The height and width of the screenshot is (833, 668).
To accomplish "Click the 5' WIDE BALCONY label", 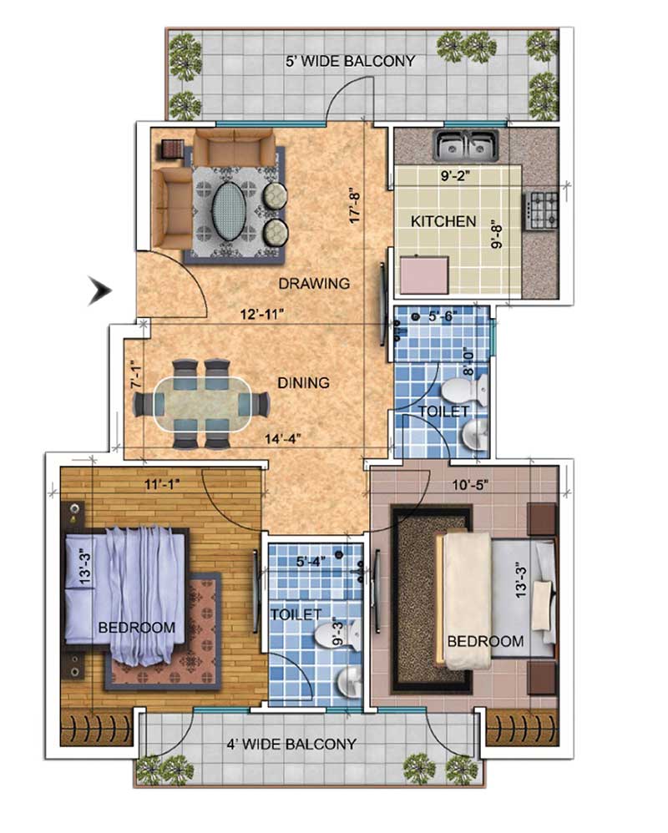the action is pyautogui.click(x=350, y=61).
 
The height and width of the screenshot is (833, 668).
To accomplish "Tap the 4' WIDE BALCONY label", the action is pyautogui.click(x=291, y=744).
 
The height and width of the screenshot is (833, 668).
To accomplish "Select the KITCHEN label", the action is pyautogui.click(x=443, y=221).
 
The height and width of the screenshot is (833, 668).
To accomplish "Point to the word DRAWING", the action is pyautogui.click(x=314, y=283).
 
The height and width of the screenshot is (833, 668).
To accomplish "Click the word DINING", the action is pyautogui.click(x=303, y=382).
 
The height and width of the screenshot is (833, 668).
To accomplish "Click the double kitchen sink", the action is pyautogui.click(x=467, y=145).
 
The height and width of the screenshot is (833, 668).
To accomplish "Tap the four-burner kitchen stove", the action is pyautogui.click(x=543, y=210).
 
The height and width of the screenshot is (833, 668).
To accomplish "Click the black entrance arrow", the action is pyautogui.click(x=100, y=291).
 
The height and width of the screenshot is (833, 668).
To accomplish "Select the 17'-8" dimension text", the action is pyautogui.click(x=355, y=205).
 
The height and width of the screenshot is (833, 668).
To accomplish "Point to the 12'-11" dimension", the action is pyautogui.click(x=262, y=314).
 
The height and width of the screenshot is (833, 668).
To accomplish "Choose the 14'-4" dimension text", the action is pyautogui.click(x=283, y=439).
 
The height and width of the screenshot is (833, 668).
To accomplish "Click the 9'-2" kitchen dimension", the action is pyautogui.click(x=455, y=176).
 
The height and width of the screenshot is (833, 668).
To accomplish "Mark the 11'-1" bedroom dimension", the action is pyautogui.click(x=163, y=484).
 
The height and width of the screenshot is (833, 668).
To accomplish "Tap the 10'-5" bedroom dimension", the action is pyautogui.click(x=470, y=484).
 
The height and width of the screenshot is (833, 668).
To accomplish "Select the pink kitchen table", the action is pyautogui.click(x=425, y=275).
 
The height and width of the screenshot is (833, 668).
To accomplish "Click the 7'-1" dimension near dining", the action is pyautogui.click(x=137, y=375).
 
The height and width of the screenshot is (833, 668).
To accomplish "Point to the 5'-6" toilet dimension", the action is pyautogui.click(x=443, y=316).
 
